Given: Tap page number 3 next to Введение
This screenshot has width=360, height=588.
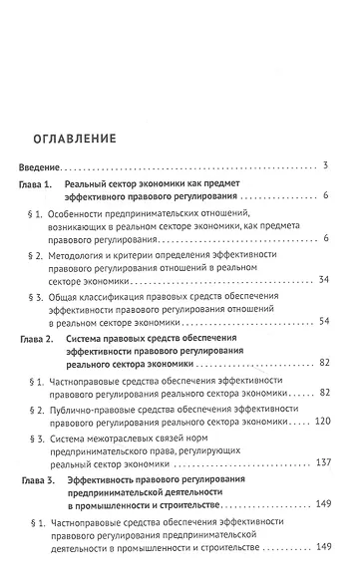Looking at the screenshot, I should pos(326,164).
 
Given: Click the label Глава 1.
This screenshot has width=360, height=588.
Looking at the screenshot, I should pos(39,186).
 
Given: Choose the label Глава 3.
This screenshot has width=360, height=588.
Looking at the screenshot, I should pos(39,480).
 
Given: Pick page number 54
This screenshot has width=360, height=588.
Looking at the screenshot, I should pos(323,322).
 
